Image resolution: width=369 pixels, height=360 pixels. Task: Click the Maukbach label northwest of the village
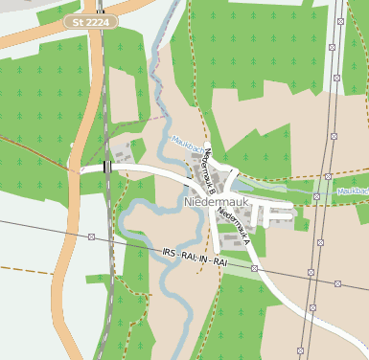(x=186, y=144)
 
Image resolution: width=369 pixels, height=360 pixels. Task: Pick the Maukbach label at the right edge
(x=351, y=191)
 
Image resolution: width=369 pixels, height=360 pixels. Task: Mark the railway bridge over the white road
(x=106, y=167)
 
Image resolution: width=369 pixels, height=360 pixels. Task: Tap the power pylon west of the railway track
(x=92, y=236)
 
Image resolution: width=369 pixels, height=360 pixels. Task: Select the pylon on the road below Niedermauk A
(x=255, y=269)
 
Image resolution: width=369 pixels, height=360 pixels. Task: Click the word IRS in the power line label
(x=169, y=251)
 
